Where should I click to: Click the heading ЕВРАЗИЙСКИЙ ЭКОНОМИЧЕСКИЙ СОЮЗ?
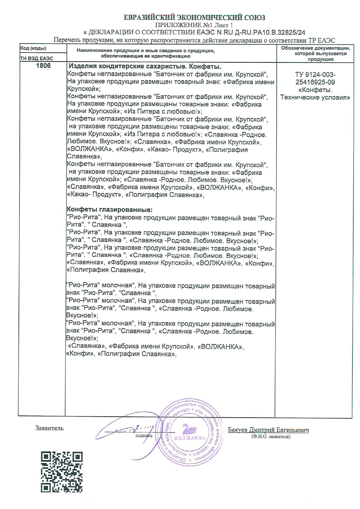coord(194,18)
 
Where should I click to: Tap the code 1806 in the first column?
coord(43,66)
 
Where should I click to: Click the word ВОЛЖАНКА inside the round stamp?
coord(190,438)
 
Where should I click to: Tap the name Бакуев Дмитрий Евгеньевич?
coord(268,430)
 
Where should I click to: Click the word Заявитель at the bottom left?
coord(49,428)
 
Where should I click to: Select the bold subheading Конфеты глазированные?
coord(110,210)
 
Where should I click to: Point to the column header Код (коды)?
coord(33,48)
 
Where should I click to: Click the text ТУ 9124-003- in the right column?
coord(315,75)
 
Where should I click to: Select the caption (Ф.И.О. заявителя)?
coord(271,436)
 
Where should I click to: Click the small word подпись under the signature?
coord(144,435)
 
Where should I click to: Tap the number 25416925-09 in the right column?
coord(315,82)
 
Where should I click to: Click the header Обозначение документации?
coord(316,48)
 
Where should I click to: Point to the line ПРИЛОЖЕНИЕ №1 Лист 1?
coord(194,25)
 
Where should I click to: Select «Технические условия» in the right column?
coord(315,97)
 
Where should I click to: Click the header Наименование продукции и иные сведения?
coord(145,51)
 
